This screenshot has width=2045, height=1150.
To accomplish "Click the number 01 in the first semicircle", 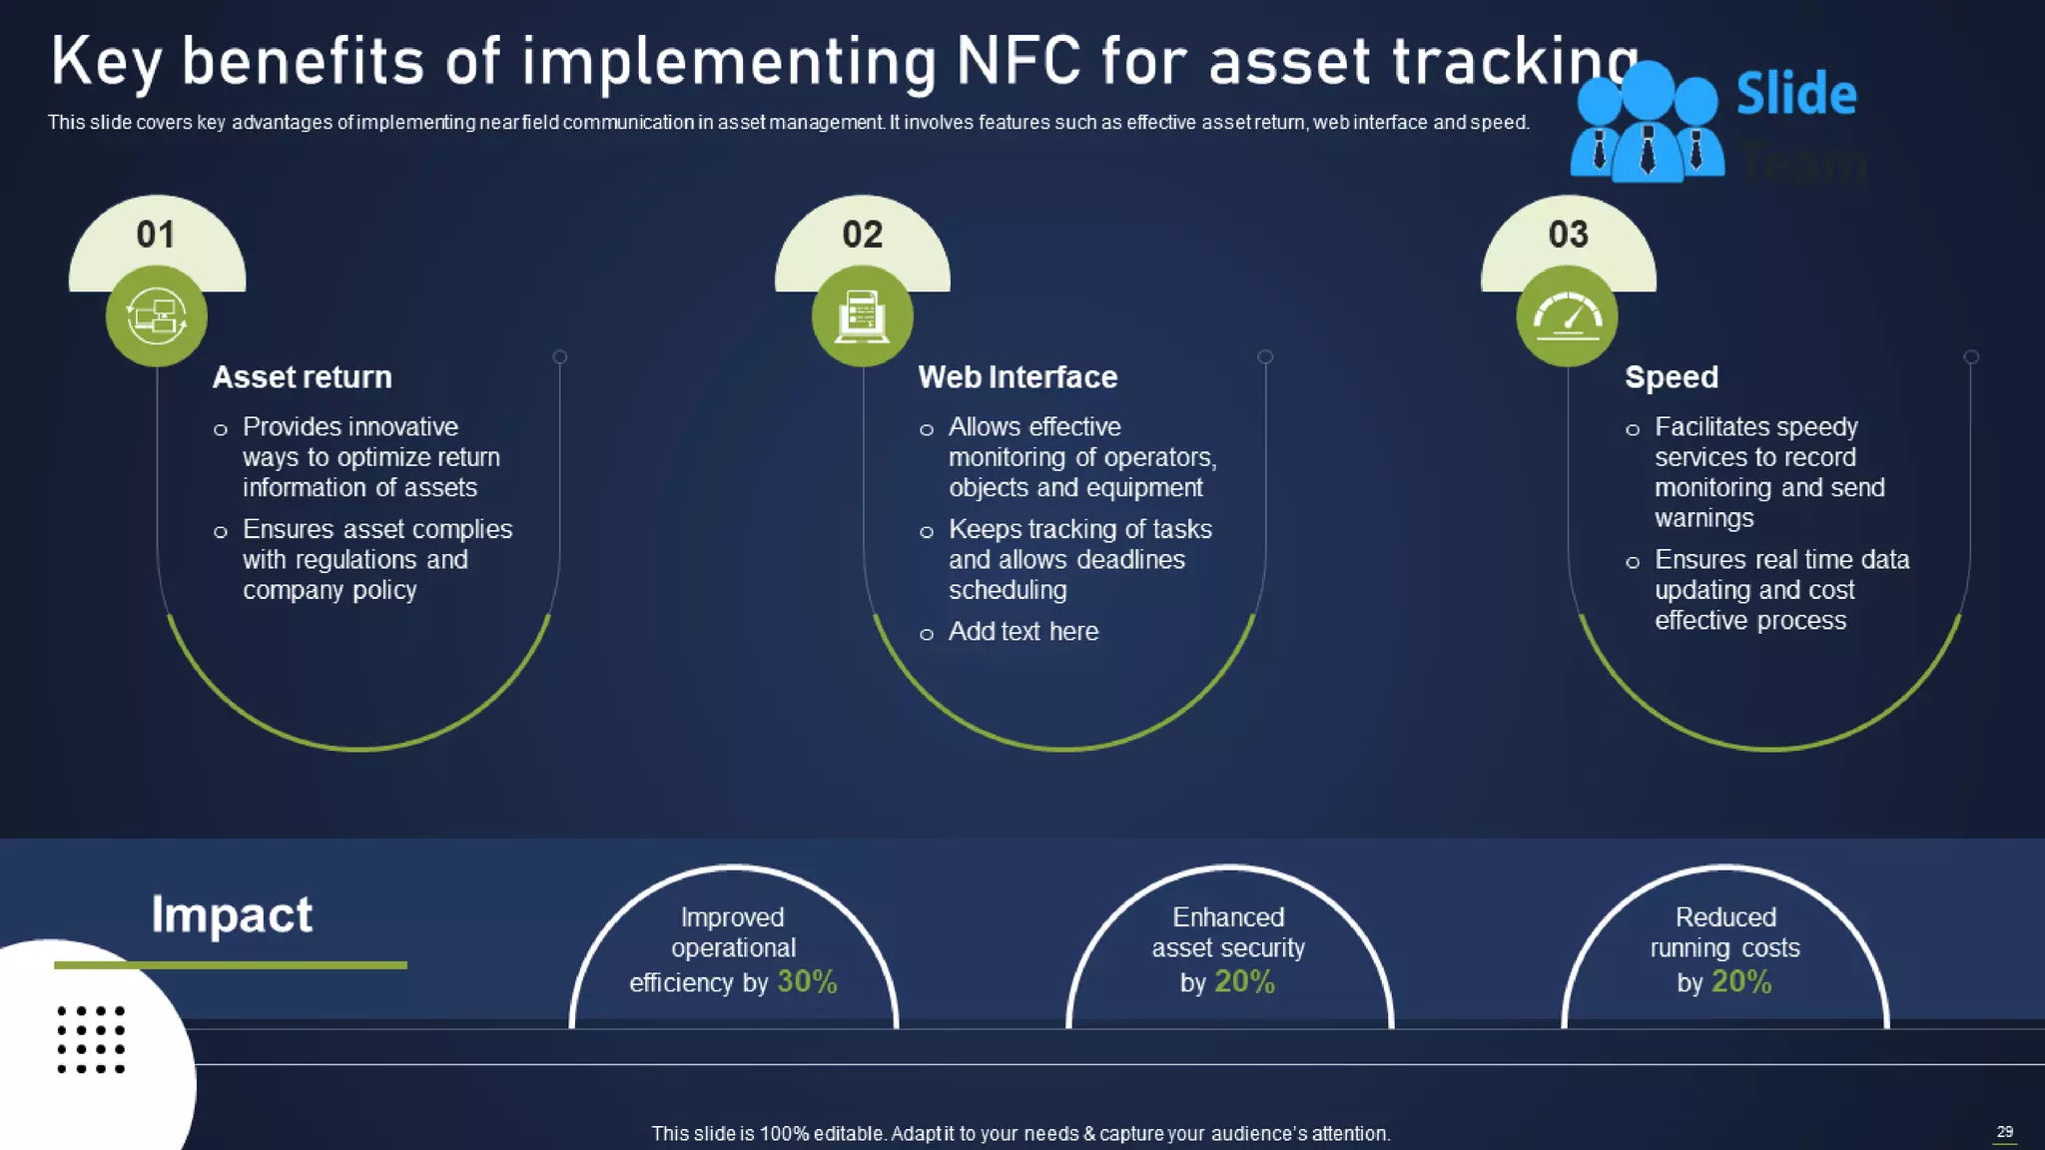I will click(156, 235).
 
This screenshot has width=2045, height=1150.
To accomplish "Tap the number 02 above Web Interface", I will click(863, 235).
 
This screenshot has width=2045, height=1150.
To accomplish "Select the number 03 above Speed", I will click(1568, 235).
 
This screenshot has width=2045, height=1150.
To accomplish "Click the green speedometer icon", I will click(1567, 316).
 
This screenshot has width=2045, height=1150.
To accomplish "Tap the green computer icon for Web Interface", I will click(862, 316).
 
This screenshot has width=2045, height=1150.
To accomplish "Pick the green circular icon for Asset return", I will click(157, 316).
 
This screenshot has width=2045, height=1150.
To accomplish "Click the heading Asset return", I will click(302, 377).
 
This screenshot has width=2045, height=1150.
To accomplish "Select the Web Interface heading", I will click(1018, 377).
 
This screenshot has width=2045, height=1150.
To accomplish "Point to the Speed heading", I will click(1671, 377).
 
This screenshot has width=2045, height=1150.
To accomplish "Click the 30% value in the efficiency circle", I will click(807, 982).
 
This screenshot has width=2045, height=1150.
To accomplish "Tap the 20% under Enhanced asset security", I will click(1244, 982).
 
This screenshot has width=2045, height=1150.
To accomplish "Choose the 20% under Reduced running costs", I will click(1741, 982).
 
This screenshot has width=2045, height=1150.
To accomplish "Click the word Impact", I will click(232, 914).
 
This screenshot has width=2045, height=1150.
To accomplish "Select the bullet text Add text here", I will click(1022, 632).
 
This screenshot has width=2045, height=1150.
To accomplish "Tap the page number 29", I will click(2004, 1132).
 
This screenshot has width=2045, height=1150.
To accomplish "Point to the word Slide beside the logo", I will click(1795, 95).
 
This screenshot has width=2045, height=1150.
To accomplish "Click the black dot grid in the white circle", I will click(91, 1040).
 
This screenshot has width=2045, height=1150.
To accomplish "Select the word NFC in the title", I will click(1019, 62).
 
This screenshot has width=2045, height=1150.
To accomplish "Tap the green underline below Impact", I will click(231, 965).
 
